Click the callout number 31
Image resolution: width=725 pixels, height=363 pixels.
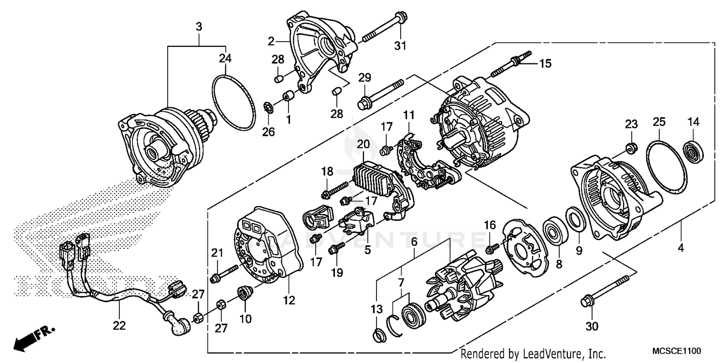(401, 46)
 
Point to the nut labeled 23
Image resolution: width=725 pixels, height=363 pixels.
(631, 148)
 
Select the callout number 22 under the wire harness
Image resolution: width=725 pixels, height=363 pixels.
(119, 326)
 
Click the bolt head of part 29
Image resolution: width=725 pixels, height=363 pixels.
(364, 103)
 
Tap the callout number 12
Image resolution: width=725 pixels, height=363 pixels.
(289, 301)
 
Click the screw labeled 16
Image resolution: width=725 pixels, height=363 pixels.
(491, 248)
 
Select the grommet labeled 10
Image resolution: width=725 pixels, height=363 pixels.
(245, 292)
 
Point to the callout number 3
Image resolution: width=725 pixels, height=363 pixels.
(199, 27)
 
